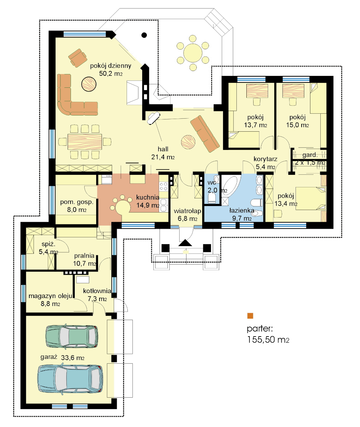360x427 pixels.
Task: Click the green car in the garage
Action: pyautogui.click(x=72, y=337)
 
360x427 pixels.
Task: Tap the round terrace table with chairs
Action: pyautogui.click(x=193, y=53)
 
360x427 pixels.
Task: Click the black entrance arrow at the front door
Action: pyautogui.click(x=185, y=243)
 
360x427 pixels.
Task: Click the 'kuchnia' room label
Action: pyautogui.click(x=148, y=197)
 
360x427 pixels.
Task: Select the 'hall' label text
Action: pyautogui.click(x=163, y=149)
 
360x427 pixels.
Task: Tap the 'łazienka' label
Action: pyautogui.click(x=242, y=210)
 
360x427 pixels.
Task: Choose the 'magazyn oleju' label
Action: pyautogui.click(x=50, y=296)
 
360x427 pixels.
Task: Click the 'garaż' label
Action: pyautogui.click(x=49, y=357)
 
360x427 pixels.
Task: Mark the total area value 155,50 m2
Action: pyautogui.click(x=268, y=340)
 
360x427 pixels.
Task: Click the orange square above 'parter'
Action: pyautogui.click(x=250, y=316)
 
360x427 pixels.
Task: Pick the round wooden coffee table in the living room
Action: pyautogui.click(x=89, y=84)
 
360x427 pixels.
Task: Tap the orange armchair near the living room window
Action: pyautogui.click(x=77, y=58)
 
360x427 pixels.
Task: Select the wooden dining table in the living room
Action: pyautogui.click(x=85, y=142)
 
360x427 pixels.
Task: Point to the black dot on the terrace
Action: pyautogui.click(x=144, y=35)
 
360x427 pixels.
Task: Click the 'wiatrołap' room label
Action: pyautogui.click(x=188, y=211)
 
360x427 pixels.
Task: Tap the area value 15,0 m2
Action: pyautogui.click(x=297, y=125)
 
